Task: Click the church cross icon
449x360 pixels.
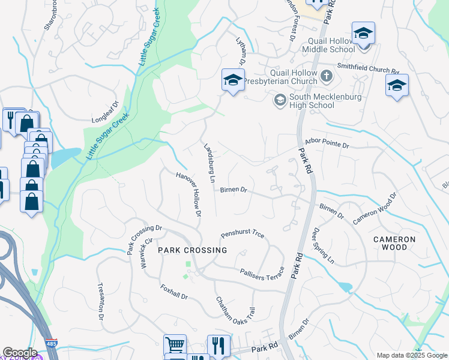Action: [x=326, y=76]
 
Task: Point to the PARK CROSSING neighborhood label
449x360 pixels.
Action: [x=193, y=250]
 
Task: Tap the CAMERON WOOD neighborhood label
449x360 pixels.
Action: [x=394, y=243]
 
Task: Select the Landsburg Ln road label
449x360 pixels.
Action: [x=209, y=162]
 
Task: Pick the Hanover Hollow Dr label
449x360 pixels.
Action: [x=188, y=194]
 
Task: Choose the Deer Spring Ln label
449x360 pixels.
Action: [x=322, y=245]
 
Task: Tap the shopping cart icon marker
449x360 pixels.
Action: [x=174, y=345]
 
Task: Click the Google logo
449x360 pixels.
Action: [x=20, y=353]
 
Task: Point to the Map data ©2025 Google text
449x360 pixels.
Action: [x=411, y=355]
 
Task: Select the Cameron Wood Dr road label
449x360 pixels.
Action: [x=376, y=209]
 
